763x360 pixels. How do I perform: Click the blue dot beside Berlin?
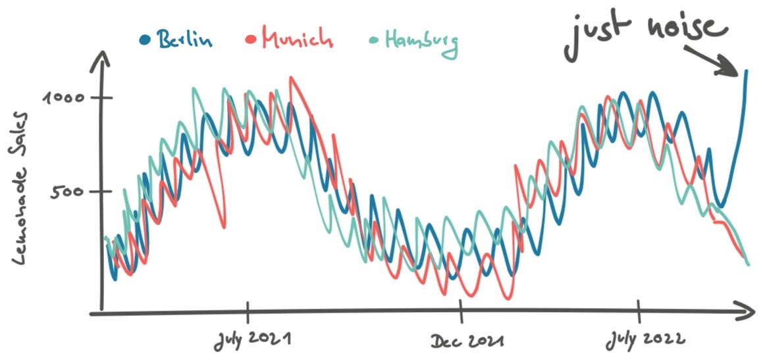click(144, 39)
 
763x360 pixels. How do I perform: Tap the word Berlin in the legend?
click(186, 39)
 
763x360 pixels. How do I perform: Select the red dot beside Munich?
click(251, 39)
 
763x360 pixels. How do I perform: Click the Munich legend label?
click(298, 38)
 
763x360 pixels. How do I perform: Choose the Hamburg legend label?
click(421, 42)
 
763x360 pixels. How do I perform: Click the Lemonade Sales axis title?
click(20, 189)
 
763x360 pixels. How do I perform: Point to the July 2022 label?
click(645, 340)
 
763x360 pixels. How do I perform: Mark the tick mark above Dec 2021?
click(460, 310)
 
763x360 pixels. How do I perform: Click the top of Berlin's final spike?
click(746, 72)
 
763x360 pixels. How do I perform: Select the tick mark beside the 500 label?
click(101, 192)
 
